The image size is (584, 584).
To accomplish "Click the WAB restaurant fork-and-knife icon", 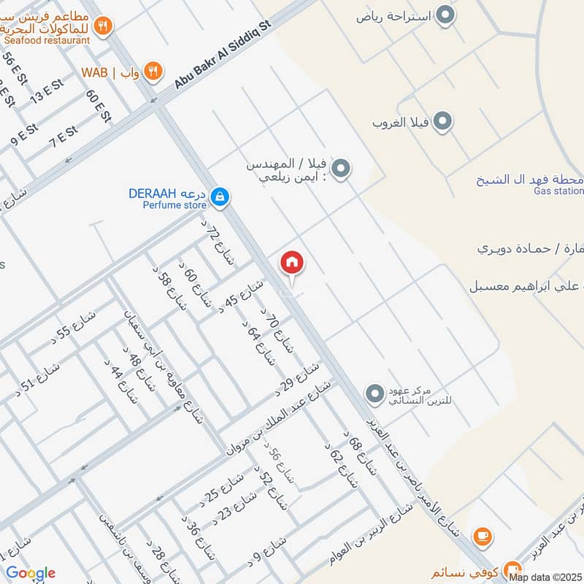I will click(153, 71).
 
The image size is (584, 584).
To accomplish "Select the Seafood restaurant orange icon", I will click(104, 26).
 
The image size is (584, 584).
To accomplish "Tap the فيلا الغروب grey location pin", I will click(442, 122).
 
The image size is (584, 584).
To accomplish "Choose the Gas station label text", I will click(558, 191).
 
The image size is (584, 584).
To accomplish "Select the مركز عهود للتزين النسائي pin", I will click(375, 395).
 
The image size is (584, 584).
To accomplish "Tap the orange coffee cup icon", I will click(482, 537).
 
